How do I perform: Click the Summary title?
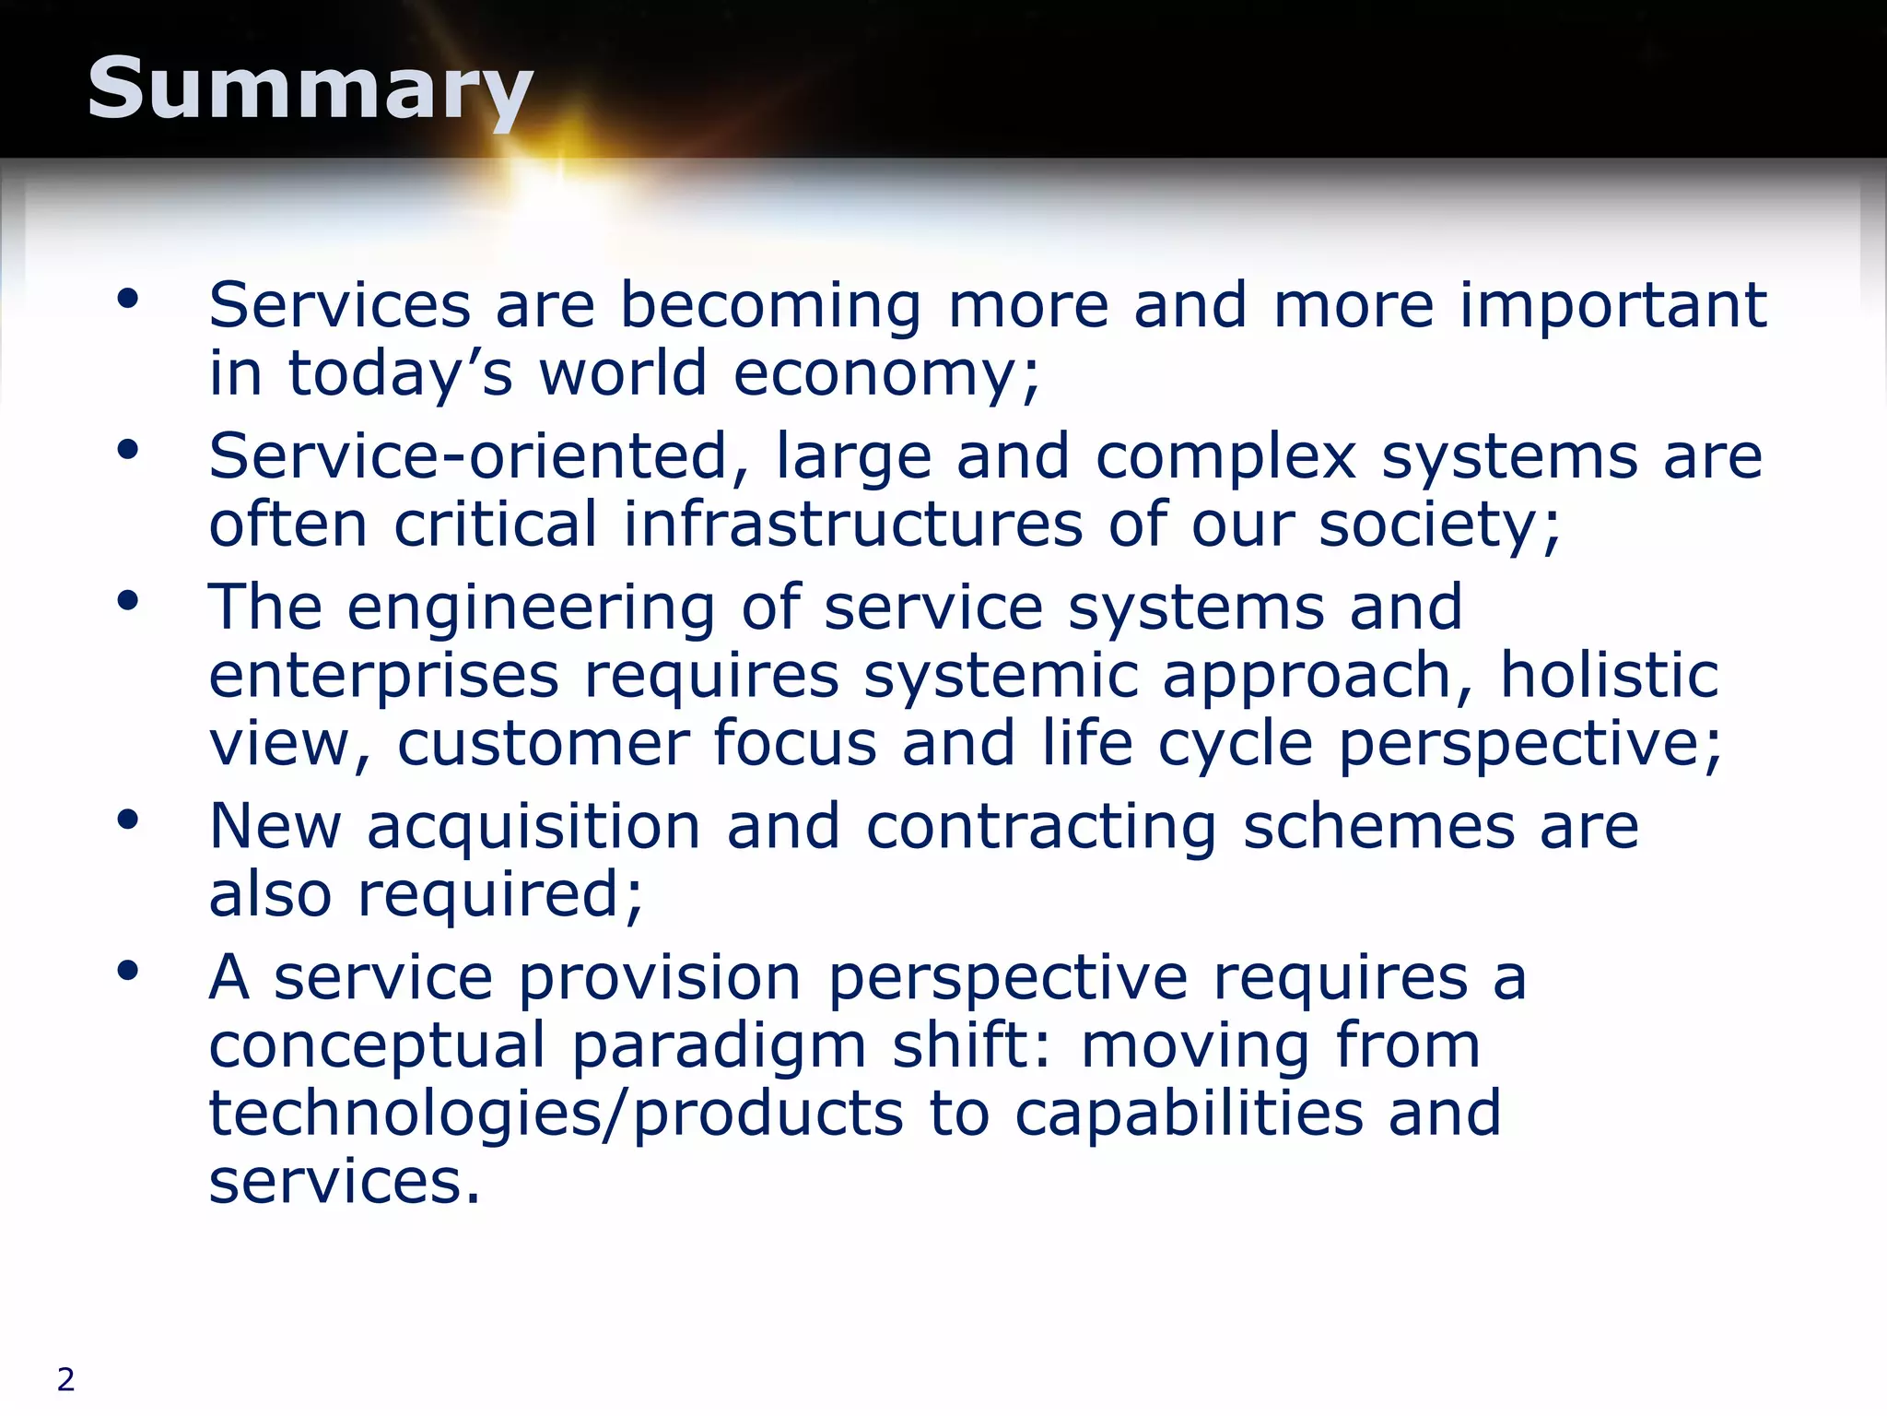[x=310, y=89]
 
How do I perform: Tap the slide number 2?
[x=65, y=1379]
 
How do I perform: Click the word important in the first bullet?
[x=1612, y=306]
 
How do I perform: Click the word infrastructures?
[x=852, y=525]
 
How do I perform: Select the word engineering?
[x=531, y=608]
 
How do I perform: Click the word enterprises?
[x=383, y=677]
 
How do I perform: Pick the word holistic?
[x=1609, y=675]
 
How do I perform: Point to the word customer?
[x=543, y=743]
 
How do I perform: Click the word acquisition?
[x=533, y=827]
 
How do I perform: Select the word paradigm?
[x=719, y=1046]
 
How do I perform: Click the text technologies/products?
[x=556, y=1113]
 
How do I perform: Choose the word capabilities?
[x=1189, y=1113]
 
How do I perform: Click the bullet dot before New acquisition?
[x=127, y=819]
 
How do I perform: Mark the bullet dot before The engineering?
[x=127, y=601]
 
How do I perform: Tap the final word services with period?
[x=345, y=1181]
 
